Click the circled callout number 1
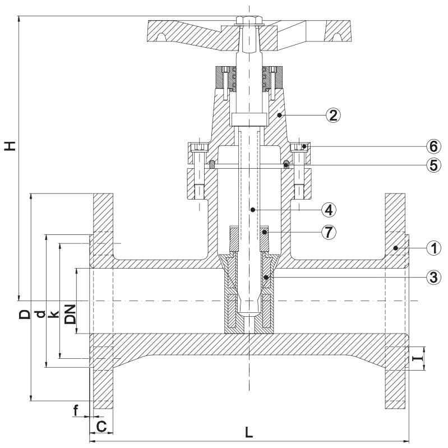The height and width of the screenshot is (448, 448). (x=434, y=248)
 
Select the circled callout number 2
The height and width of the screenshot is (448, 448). (x=333, y=116)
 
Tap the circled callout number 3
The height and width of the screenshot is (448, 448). (x=434, y=277)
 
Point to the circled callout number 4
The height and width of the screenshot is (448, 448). (x=329, y=210)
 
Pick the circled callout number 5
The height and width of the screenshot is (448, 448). (x=434, y=165)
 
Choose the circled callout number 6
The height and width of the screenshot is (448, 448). (x=434, y=146)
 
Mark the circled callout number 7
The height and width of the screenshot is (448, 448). (x=329, y=232)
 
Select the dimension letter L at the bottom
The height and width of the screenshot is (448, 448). (x=249, y=432)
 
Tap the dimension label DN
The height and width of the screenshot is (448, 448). (x=70, y=315)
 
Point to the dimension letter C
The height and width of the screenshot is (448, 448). (x=101, y=427)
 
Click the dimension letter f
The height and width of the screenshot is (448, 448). (x=76, y=410)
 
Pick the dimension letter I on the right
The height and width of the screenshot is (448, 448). (x=418, y=357)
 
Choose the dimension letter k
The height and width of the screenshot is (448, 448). (x=53, y=315)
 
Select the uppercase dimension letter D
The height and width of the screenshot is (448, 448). (x=25, y=315)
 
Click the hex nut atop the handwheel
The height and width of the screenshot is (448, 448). (x=249, y=21)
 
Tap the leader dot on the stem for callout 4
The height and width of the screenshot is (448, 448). (x=252, y=210)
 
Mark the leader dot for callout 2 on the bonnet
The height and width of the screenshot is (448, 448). (x=279, y=115)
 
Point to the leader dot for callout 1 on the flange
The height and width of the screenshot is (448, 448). (x=395, y=248)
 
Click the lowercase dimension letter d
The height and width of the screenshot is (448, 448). (x=41, y=315)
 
